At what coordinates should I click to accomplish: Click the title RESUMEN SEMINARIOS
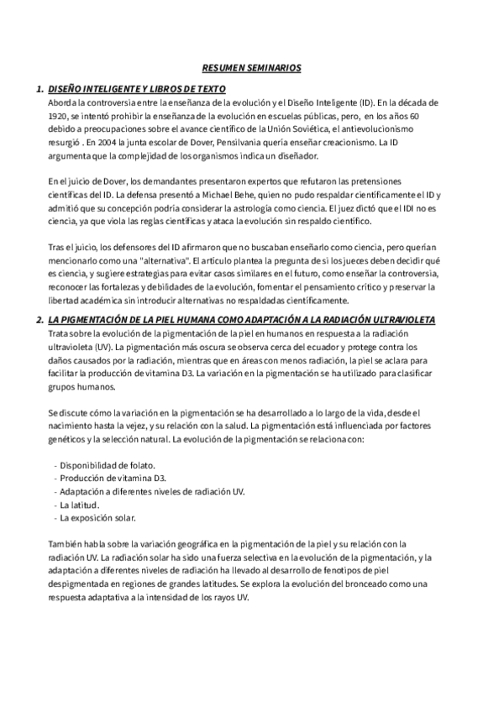[252, 66]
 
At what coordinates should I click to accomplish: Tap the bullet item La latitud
[80, 505]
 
